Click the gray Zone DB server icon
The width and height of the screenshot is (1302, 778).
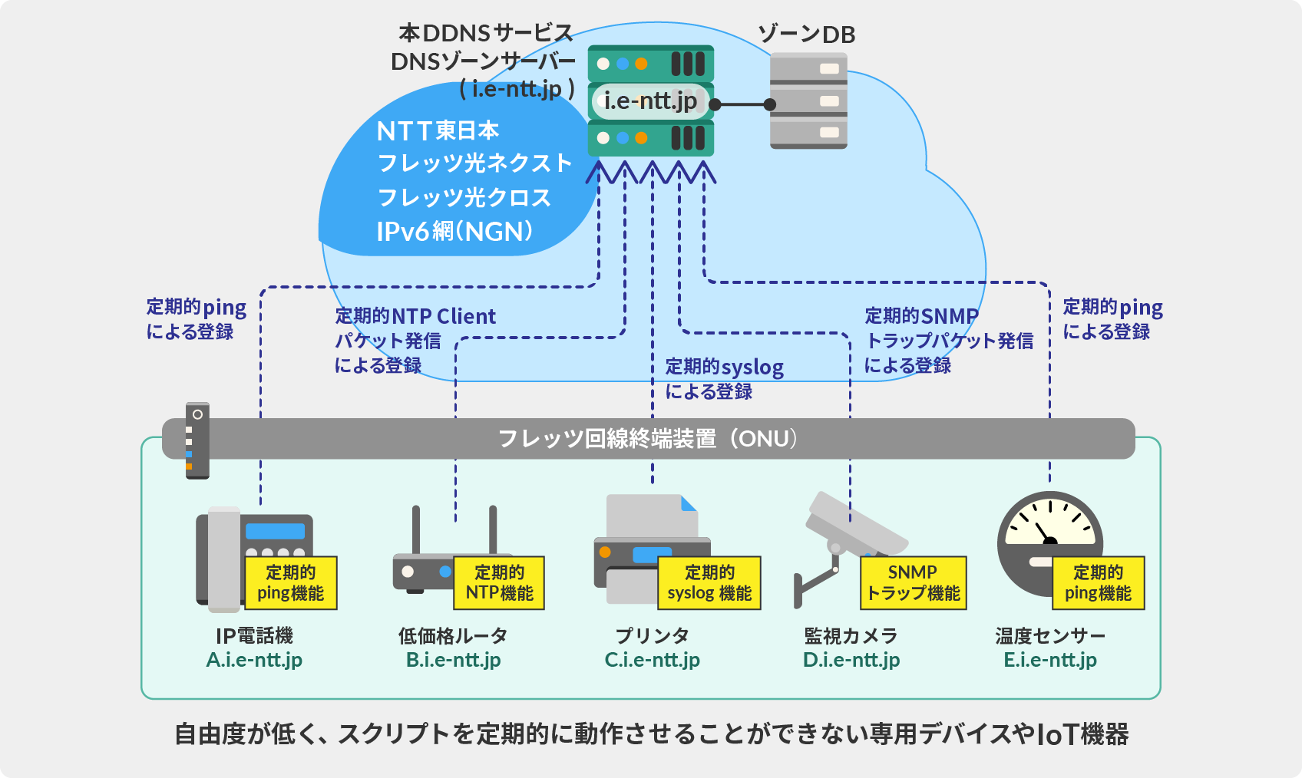[808, 101]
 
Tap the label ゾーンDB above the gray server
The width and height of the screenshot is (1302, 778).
[806, 35]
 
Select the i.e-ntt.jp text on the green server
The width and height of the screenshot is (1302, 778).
[650, 101]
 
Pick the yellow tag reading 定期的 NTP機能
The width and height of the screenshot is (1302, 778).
[499, 583]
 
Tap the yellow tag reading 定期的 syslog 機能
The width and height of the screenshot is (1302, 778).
[709, 583]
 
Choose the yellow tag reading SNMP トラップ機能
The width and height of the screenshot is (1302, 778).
[913, 583]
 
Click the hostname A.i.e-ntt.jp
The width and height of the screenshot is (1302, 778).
[254, 660]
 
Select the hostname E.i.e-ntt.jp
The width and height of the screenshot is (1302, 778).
[1049, 660]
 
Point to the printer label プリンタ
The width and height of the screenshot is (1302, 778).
[652, 635]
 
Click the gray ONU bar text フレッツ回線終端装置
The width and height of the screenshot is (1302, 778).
[606, 439]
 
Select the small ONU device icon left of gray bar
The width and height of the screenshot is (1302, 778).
[197, 440]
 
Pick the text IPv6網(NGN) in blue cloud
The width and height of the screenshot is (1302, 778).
[454, 232]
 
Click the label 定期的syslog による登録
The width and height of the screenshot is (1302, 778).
[723, 379]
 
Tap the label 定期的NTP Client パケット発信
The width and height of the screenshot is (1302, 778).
[415, 328]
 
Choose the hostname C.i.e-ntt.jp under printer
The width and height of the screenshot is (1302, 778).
[652, 660]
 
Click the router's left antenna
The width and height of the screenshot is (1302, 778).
[416, 529]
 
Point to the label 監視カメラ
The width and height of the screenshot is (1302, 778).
[851, 635]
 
